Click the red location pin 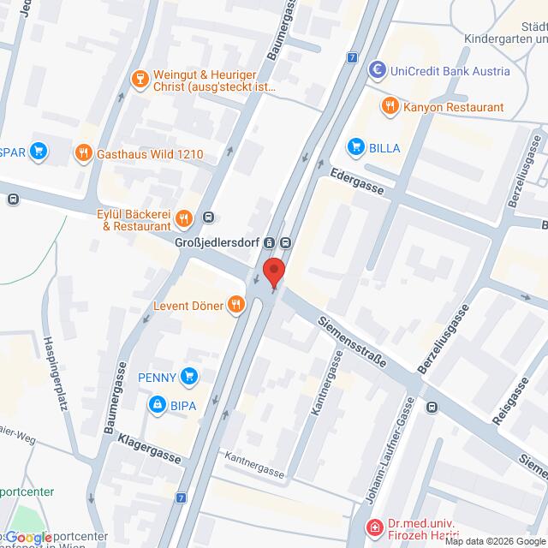click(x=273, y=272)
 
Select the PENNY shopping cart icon click(x=189, y=376)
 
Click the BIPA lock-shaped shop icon click(x=157, y=403)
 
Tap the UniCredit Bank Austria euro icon click(x=375, y=71)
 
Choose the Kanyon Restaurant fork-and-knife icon click(x=390, y=106)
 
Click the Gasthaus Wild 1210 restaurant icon click(x=83, y=154)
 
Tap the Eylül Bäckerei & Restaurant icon click(x=182, y=220)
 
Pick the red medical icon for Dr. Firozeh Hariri click(x=373, y=528)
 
